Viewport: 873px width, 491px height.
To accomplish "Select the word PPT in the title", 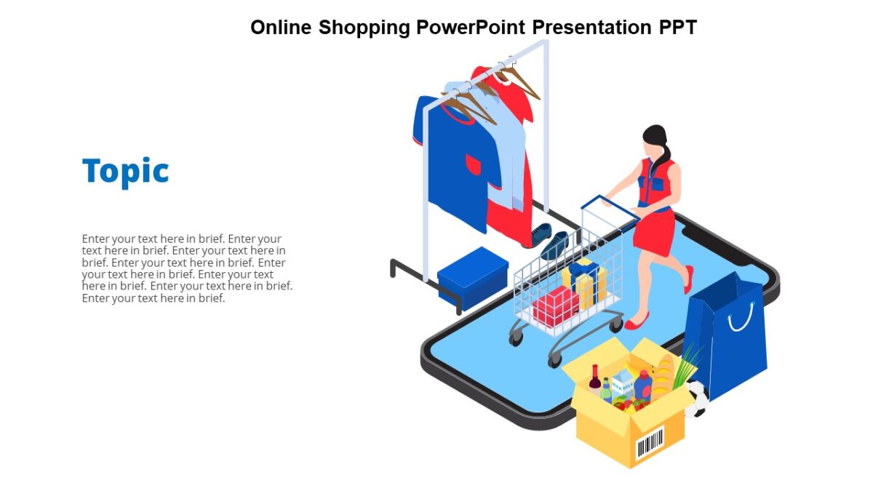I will point(678,28).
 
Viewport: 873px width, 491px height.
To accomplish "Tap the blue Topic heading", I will point(126,172).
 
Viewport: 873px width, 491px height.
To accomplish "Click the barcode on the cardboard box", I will point(650,442).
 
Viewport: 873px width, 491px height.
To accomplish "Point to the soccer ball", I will point(697,399).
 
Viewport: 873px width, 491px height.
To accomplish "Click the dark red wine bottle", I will point(594,379).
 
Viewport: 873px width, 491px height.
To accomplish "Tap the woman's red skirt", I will point(653,231).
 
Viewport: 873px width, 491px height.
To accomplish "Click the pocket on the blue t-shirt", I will point(474,165).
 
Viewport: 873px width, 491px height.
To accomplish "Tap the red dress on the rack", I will point(509,211).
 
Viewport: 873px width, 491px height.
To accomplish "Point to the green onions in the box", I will point(685,367).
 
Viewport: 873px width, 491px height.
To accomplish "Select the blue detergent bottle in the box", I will point(642,385).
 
